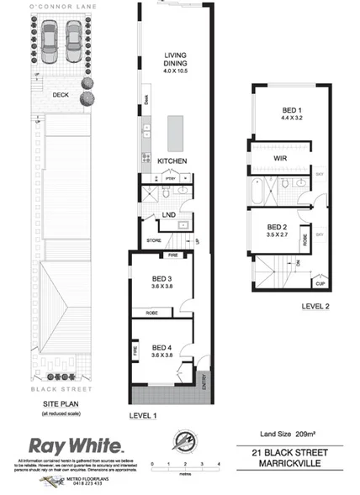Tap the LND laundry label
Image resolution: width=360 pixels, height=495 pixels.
coord(168,215)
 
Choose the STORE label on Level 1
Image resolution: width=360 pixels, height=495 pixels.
coord(153,241)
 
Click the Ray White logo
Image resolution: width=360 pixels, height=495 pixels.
coord(77,445)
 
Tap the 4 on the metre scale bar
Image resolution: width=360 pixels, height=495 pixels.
coord(218,464)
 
